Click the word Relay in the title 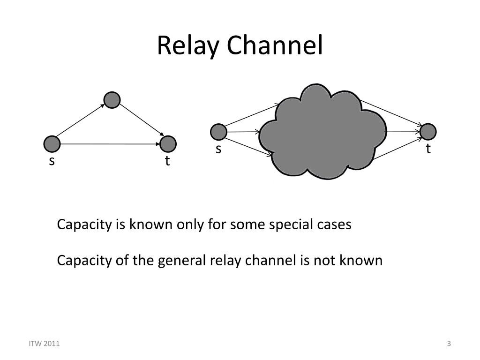pyautogui.click(x=187, y=46)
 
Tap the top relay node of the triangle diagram pyautogui.click(x=112, y=100)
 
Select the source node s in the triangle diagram pyautogui.click(x=52, y=144)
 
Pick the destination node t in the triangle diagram pyautogui.click(x=168, y=144)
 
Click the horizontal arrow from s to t pyautogui.click(x=110, y=144)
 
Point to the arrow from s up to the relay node pyautogui.click(x=81, y=120)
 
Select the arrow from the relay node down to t pyautogui.click(x=142, y=120)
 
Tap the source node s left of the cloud pyautogui.click(x=218, y=132)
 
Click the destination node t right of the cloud pyautogui.click(x=428, y=132)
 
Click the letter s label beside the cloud pyautogui.click(x=218, y=149)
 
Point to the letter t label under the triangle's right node pyautogui.click(x=167, y=161)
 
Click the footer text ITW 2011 pyautogui.click(x=45, y=344)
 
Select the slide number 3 pyautogui.click(x=449, y=344)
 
